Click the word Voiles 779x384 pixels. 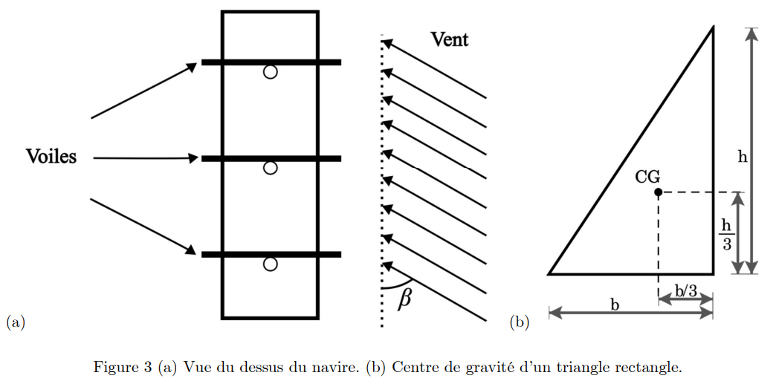click(x=51, y=157)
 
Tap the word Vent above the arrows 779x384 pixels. click(x=450, y=39)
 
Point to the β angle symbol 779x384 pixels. click(x=404, y=298)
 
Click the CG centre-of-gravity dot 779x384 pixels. click(x=658, y=192)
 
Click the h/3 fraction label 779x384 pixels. click(x=727, y=233)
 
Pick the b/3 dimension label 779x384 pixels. click(x=685, y=290)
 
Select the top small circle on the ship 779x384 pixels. click(x=271, y=72)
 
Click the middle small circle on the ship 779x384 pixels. click(x=271, y=168)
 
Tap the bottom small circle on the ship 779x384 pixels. click(x=271, y=264)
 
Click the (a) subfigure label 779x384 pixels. click(x=16, y=322)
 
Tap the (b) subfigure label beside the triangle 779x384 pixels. click(x=519, y=322)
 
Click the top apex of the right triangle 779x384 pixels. click(x=714, y=28)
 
